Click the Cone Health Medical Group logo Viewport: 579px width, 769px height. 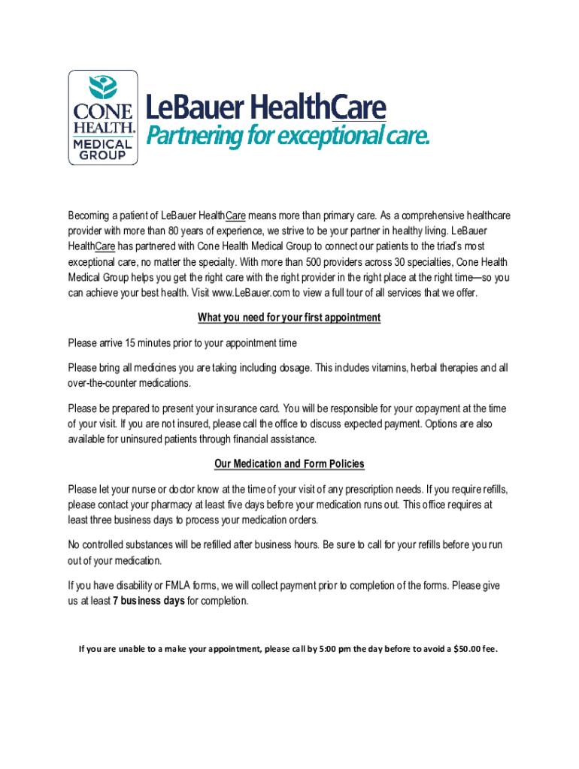tap(103, 118)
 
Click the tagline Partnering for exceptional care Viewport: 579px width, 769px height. tap(287, 137)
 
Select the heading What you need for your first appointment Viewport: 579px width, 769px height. tap(289, 318)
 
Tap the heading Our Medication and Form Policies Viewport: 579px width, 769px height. tap(289, 464)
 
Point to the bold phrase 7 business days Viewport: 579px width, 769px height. tap(148, 602)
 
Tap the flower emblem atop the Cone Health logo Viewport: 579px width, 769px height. tap(103, 87)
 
